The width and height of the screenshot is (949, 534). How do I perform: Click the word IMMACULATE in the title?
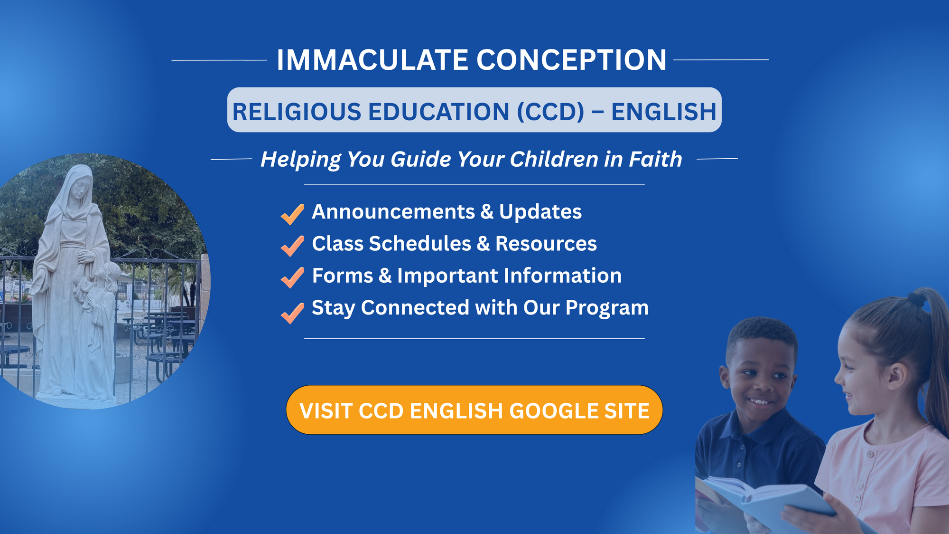(373, 60)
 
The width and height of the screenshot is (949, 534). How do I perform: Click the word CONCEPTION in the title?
(571, 60)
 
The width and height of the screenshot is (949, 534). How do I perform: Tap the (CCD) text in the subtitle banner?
(550, 112)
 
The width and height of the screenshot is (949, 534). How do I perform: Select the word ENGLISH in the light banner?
(663, 112)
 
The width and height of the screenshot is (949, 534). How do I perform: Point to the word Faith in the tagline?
(655, 159)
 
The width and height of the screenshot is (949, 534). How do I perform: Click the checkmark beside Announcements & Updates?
(292, 214)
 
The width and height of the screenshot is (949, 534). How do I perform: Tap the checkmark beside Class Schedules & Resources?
(292, 246)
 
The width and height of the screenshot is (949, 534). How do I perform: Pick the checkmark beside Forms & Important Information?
(292, 277)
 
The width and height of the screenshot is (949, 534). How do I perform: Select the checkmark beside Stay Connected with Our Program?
(292, 313)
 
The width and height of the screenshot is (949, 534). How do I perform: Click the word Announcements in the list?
(393, 211)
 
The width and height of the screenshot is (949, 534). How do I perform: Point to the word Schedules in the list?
(420, 243)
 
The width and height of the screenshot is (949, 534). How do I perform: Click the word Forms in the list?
(343, 276)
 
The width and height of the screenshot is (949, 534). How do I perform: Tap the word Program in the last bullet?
(607, 308)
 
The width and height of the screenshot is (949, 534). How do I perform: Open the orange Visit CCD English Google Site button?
(474, 410)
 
